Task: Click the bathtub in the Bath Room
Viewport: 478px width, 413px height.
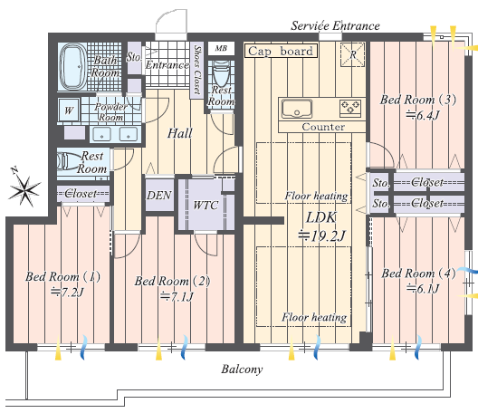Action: coord(73,66)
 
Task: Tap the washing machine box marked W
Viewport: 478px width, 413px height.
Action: coord(69,110)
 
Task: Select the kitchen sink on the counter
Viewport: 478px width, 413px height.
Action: coord(297,109)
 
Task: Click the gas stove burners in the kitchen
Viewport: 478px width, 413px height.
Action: coord(350,108)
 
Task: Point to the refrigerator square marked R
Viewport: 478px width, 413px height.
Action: coord(353,54)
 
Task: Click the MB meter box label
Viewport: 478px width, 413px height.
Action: coord(221,48)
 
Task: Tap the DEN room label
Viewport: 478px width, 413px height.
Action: coord(159,196)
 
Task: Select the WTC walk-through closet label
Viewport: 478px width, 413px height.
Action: coord(206,206)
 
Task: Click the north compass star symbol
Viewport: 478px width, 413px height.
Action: coord(24,189)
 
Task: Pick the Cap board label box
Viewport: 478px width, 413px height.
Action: coord(281,51)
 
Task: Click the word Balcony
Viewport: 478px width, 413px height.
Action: coord(242,370)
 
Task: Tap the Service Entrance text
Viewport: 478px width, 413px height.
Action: coord(335,26)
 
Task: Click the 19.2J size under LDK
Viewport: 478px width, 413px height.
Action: coord(322,235)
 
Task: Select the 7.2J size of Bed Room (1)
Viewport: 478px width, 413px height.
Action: coord(67,293)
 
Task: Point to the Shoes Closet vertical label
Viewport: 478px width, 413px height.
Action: coord(197,70)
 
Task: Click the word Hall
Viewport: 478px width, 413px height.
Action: coord(180,133)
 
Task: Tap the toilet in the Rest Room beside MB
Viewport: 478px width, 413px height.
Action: coord(221,72)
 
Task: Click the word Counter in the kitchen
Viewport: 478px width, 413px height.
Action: coord(323,127)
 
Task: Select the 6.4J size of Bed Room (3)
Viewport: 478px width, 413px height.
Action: coord(423,115)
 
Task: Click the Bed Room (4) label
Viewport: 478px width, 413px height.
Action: coord(418,274)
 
